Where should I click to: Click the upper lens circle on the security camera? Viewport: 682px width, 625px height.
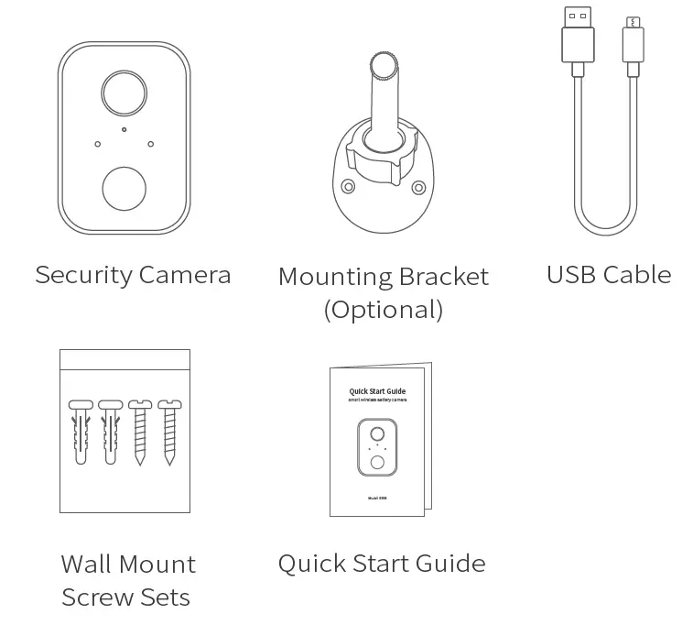pyautogui.click(x=124, y=92)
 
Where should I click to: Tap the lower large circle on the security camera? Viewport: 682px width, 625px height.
pyautogui.click(x=124, y=188)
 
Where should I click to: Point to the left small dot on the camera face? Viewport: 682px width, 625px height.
pyautogui.click(x=97, y=143)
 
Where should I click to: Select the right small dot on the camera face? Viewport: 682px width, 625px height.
pyautogui.click(x=150, y=143)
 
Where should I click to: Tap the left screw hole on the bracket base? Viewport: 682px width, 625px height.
pyautogui.click(x=348, y=187)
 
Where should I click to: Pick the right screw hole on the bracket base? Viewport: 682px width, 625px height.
pyautogui.click(x=418, y=187)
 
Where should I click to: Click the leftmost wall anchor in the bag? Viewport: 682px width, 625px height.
pyautogui.click(x=80, y=431)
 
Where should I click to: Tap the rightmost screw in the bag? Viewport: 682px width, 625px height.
pyautogui.click(x=168, y=431)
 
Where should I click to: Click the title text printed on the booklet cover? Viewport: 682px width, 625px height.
pyautogui.click(x=377, y=391)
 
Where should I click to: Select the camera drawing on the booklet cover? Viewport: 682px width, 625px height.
pyautogui.click(x=377, y=448)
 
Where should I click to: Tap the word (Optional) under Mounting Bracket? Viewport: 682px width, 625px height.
pyautogui.click(x=384, y=310)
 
